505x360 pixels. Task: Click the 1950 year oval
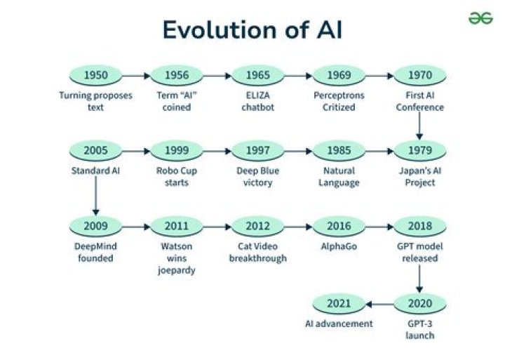[x=95, y=75]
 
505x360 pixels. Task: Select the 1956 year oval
[x=176, y=75]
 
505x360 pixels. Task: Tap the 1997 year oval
[x=257, y=150]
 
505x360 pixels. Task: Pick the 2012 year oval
[x=257, y=226]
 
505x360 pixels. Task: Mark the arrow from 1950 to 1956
[x=136, y=75]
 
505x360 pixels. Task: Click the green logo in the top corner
[x=480, y=18]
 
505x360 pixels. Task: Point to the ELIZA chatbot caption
[x=257, y=102]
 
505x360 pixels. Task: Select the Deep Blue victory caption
[x=257, y=177]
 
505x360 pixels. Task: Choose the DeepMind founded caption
[x=95, y=252]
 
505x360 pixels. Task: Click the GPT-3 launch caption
[x=419, y=329]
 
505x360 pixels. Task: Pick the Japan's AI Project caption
[x=419, y=177]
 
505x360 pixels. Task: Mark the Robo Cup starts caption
[x=176, y=177]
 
